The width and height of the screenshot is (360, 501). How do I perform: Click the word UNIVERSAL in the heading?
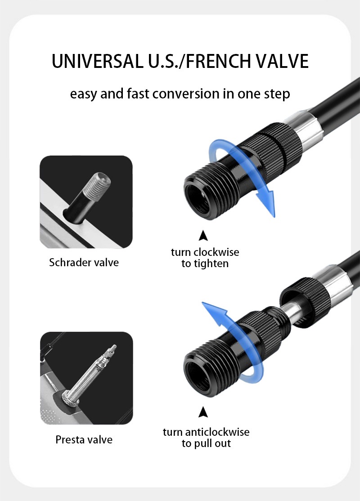point(97,61)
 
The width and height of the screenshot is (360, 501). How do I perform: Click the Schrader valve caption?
point(84,262)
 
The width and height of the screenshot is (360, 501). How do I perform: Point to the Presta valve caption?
point(84,439)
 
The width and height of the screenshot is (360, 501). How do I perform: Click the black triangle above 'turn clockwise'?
point(203,235)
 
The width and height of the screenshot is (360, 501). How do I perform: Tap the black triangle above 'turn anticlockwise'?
point(203,412)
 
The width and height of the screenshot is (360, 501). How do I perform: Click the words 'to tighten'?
point(205,264)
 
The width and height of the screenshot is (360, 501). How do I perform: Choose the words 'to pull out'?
point(206,443)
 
